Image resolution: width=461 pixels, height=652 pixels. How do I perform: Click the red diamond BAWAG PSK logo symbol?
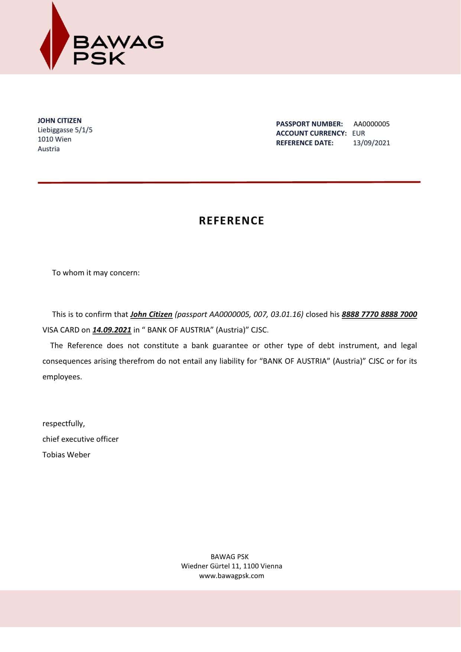[x=54, y=37]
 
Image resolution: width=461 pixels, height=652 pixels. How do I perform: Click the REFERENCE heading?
[x=231, y=221]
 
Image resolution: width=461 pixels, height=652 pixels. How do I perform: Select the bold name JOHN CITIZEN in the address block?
[x=59, y=121]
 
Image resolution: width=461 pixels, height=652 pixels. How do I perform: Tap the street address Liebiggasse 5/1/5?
[x=65, y=130]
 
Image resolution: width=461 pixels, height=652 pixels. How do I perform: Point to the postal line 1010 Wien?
[x=55, y=139]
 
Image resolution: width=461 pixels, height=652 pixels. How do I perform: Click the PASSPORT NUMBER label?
[x=309, y=124]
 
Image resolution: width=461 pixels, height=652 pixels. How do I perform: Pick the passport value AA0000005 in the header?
[x=371, y=124]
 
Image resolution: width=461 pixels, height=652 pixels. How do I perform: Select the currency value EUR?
[x=358, y=133]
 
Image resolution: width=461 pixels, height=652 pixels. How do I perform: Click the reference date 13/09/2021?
[x=371, y=143]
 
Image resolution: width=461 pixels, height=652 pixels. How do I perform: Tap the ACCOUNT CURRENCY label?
[x=311, y=133]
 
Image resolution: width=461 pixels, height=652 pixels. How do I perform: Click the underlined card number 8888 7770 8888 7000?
[x=379, y=314]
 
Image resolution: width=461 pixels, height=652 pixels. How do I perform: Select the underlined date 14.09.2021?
[x=112, y=330]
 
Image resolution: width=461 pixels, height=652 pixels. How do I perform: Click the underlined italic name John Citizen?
[x=151, y=314]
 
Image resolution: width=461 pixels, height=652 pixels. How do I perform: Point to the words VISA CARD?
[x=61, y=330]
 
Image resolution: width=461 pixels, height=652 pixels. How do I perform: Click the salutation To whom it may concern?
[x=96, y=273]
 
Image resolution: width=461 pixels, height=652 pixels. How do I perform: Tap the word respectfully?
[x=64, y=424]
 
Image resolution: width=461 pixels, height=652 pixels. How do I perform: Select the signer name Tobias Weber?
[x=66, y=455]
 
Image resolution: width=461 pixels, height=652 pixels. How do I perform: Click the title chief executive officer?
[x=80, y=439]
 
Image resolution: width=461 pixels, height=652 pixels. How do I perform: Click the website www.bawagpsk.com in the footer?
[x=231, y=576]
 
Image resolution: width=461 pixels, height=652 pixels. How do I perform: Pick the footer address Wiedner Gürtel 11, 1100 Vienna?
[x=231, y=566]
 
